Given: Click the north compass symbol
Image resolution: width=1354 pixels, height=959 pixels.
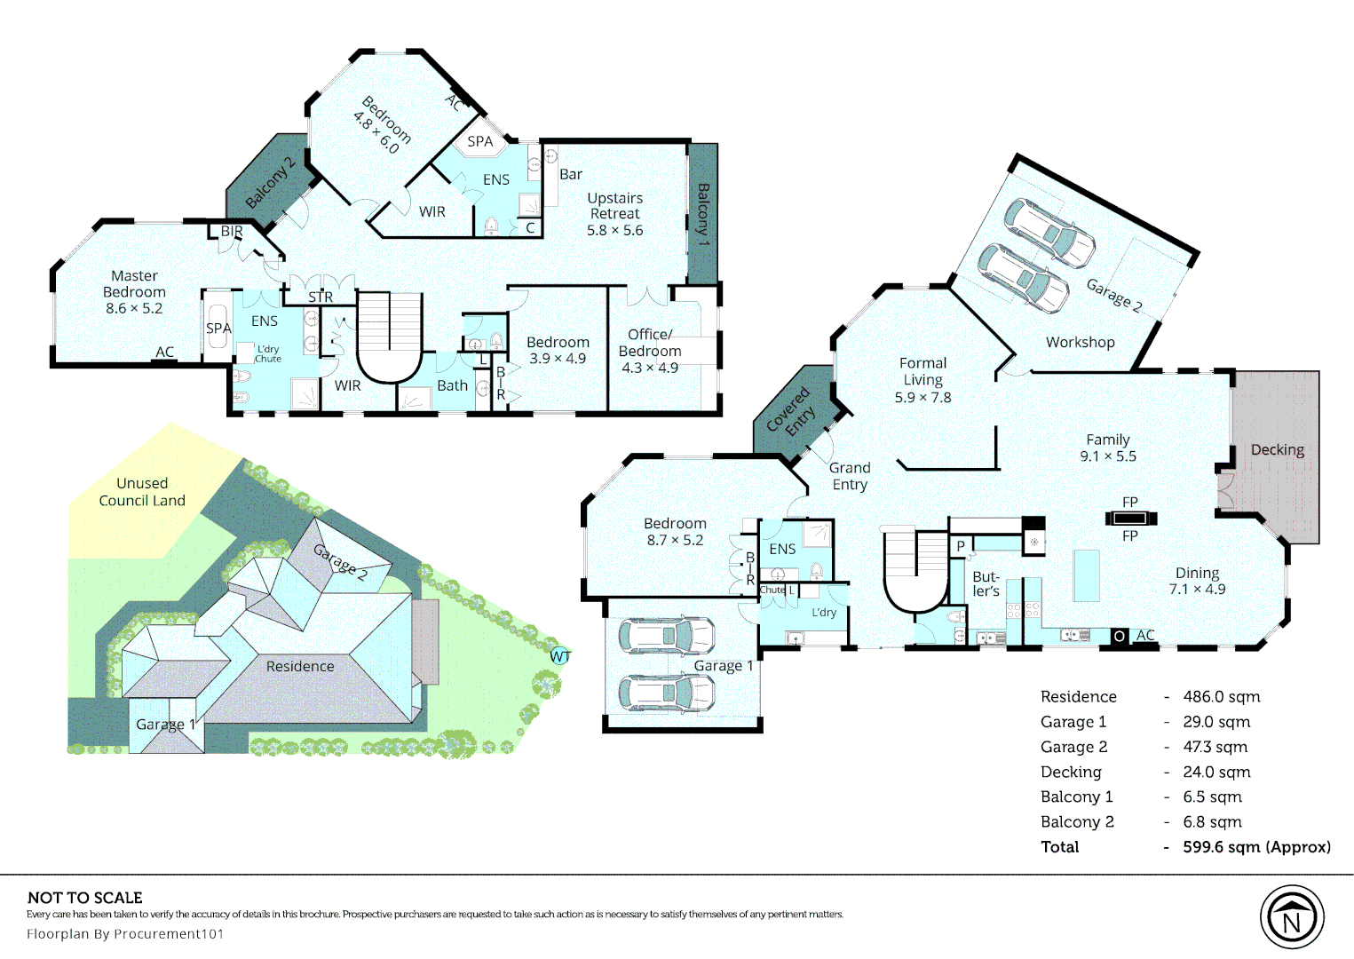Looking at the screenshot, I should [x=1291, y=918].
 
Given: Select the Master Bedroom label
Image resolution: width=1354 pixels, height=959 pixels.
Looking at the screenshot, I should [x=134, y=292].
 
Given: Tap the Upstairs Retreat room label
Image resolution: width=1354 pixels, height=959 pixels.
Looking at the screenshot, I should [x=614, y=213].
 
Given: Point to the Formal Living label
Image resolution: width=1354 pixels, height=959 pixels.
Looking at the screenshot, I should [x=922, y=379].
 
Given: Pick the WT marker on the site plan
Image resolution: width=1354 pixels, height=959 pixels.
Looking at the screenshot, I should [x=560, y=656].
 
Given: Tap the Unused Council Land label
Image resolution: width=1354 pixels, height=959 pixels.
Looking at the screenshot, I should [x=142, y=492].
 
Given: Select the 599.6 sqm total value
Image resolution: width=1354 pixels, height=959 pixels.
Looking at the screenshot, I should [x=1256, y=847].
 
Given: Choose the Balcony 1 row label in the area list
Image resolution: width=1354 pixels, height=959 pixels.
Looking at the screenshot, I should [x=1076, y=797].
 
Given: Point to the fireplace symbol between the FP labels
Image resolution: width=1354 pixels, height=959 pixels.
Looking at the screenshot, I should [x=1130, y=519].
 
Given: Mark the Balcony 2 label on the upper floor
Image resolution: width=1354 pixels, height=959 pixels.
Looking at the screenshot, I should [x=270, y=183].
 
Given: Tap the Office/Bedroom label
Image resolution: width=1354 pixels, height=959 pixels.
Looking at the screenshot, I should [x=650, y=351].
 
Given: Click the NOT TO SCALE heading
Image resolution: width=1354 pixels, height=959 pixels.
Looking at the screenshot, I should [x=85, y=898].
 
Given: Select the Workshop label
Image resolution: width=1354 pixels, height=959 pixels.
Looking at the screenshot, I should [x=1080, y=343].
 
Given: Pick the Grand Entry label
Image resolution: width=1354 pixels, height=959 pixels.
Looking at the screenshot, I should [x=850, y=476].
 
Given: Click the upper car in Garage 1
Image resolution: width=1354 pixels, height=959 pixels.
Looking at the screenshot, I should [x=666, y=635].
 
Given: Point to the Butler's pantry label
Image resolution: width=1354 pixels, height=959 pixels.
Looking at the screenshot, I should [x=986, y=583].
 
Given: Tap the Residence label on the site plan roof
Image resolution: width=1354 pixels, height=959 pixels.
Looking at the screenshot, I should [x=300, y=666].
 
